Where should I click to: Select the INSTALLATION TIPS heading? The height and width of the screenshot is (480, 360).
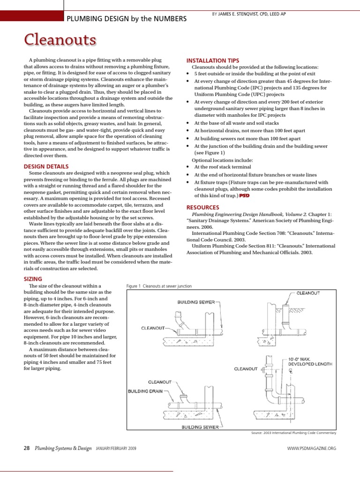click(x=213, y=60)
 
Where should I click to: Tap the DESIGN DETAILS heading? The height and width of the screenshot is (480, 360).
click(x=46, y=166)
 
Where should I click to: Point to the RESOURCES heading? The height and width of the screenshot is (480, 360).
click(x=202, y=207)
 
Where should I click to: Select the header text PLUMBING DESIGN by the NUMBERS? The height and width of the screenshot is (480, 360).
click(x=127, y=18)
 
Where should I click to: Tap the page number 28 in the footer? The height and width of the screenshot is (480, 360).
click(x=27, y=449)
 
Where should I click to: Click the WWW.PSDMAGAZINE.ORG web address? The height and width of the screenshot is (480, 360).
click(x=311, y=449)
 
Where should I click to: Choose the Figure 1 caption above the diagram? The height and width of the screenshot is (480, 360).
click(x=159, y=286)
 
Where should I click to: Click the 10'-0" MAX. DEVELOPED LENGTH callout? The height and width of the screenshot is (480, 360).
click(x=310, y=363)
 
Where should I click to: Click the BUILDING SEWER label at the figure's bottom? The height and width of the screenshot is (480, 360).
click(x=199, y=427)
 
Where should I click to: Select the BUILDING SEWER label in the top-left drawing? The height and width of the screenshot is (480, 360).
click(x=196, y=302)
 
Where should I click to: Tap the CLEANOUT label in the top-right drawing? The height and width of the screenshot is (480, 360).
click(x=308, y=293)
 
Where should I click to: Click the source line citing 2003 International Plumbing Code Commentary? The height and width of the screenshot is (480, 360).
click(x=294, y=433)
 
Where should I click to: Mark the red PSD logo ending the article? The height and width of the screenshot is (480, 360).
click(x=244, y=195)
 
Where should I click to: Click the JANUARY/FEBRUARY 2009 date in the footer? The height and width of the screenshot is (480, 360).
click(x=116, y=449)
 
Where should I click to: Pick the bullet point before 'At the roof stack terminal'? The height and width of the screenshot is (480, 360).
click(x=188, y=167)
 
